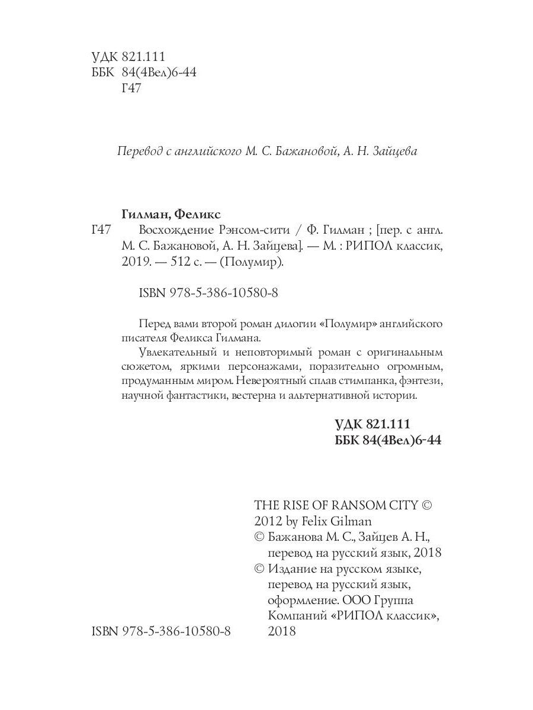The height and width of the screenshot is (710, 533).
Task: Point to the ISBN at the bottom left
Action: (162, 631)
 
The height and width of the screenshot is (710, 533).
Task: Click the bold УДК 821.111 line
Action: (373, 425)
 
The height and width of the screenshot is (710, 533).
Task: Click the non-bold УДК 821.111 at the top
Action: (128, 57)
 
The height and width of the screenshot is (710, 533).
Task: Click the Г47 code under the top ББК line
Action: (130, 89)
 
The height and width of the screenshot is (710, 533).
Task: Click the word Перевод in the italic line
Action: (139, 151)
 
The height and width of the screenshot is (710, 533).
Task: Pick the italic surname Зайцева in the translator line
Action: (396, 151)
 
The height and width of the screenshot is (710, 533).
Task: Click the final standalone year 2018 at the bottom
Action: (282, 631)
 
